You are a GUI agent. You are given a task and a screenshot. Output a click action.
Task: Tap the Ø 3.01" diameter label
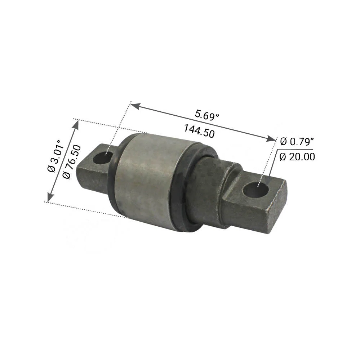tap(55, 156)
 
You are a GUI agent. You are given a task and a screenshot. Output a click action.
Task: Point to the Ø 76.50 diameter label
tap(71, 162)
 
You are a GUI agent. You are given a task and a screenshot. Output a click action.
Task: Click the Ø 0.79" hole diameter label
tap(297, 142)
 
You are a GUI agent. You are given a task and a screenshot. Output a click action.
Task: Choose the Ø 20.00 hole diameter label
tap(297, 157)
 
